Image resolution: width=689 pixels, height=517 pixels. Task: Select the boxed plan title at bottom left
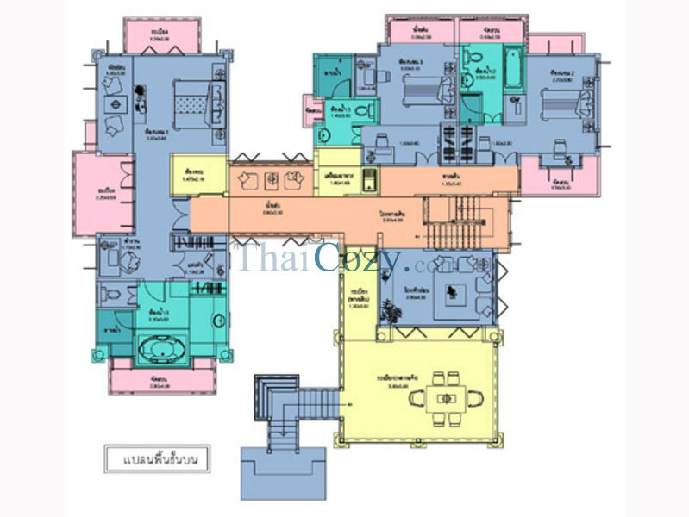tap(157, 458)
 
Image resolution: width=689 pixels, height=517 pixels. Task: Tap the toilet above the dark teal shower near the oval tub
tap(106, 294)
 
